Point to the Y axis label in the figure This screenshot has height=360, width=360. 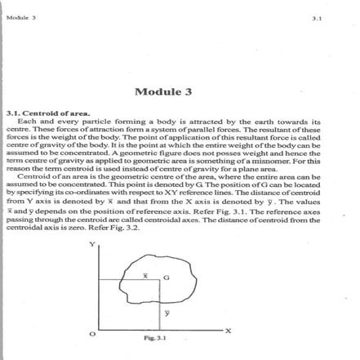tap(92, 243)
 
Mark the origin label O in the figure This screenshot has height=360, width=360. tap(91, 335)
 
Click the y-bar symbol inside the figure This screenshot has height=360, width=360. tap(167, 311)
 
